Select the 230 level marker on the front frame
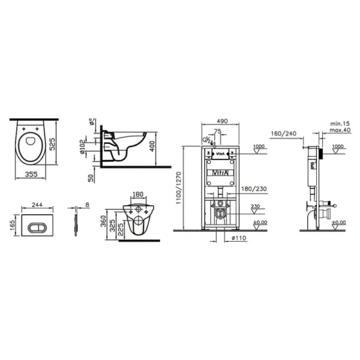click(255, 206)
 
